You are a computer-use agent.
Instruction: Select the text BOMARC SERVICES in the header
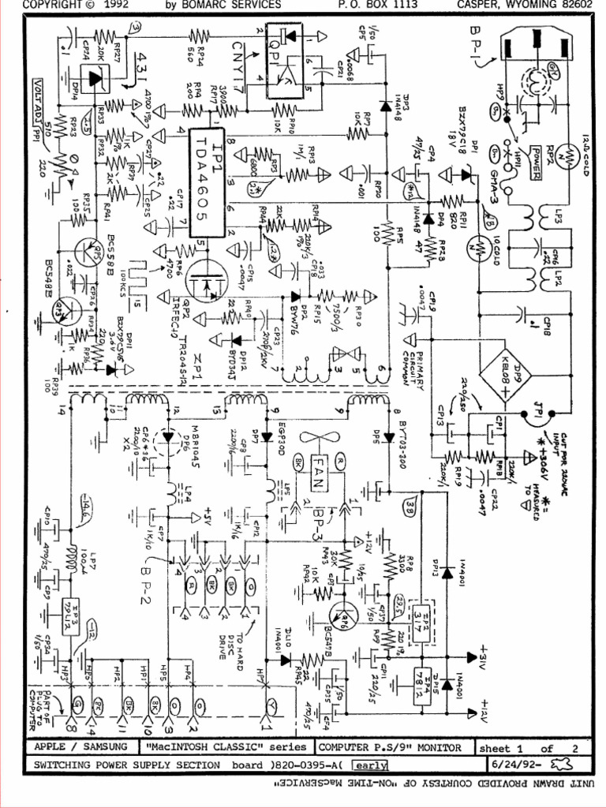click(x=234, y=6)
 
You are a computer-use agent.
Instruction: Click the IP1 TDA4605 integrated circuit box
click(x=207, y=182)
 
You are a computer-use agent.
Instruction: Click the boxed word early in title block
click(x=371, y=765)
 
